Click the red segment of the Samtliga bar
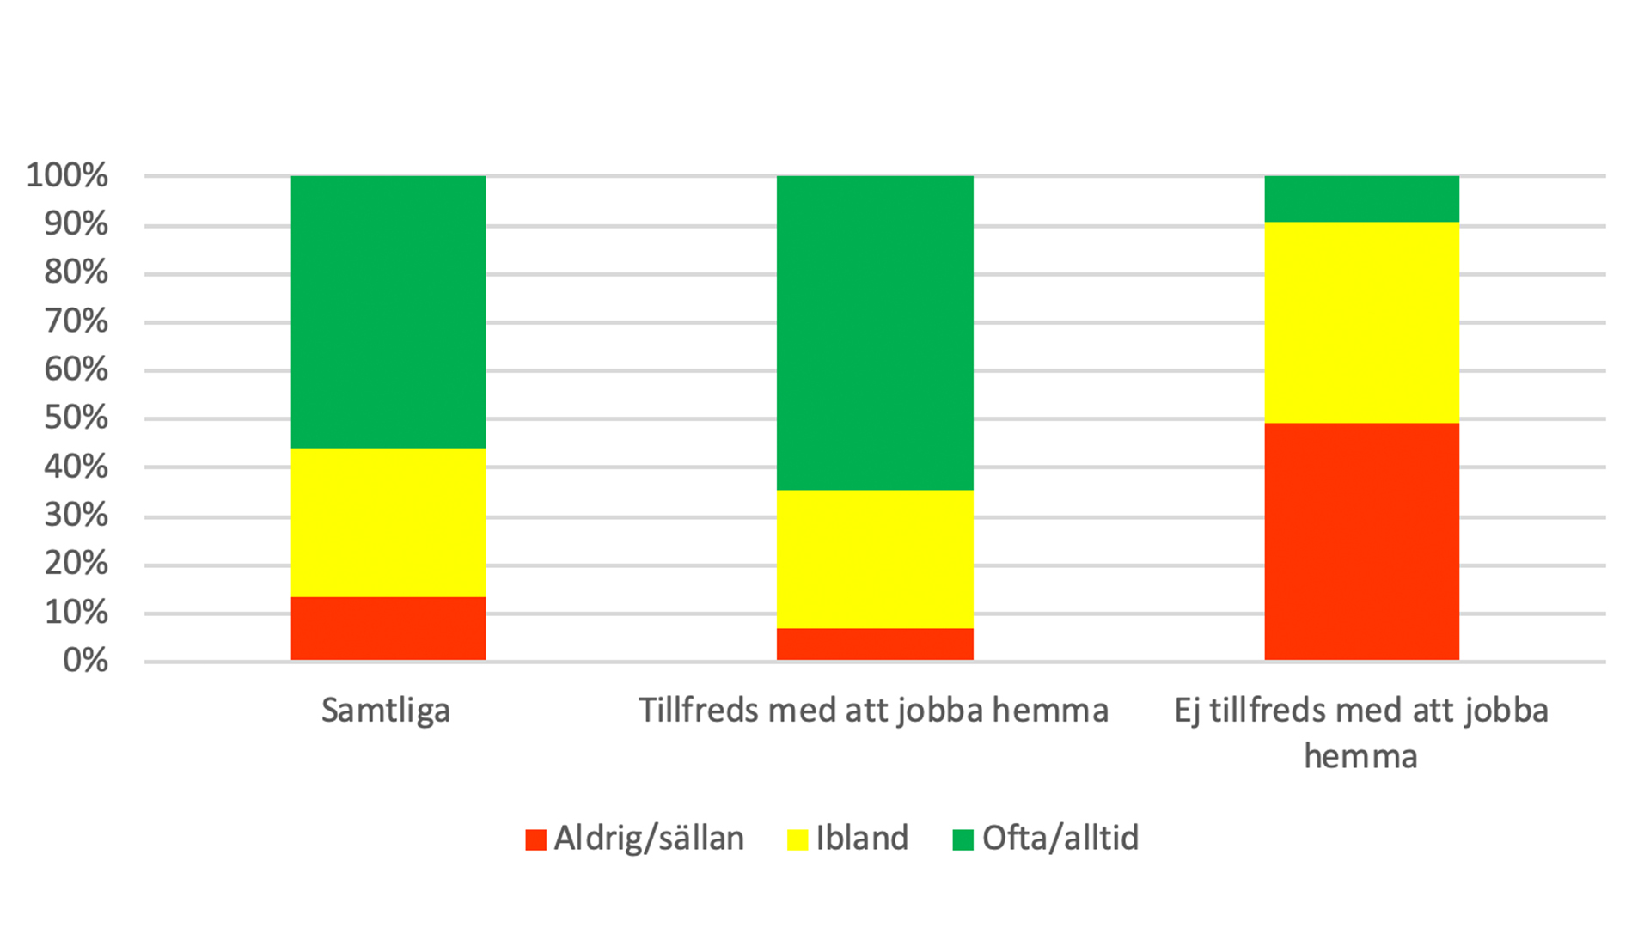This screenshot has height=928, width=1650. [x=388, y=628]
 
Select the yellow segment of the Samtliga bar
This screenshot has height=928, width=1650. [x=388, y=522]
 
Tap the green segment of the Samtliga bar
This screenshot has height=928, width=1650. [x=388, y=312]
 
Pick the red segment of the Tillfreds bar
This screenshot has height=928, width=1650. [x=875, y=644]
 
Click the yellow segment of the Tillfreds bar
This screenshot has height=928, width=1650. [x=875, y=559]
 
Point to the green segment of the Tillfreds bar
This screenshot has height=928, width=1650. [x=875, y=333]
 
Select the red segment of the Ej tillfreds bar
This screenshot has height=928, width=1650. [x=1361, y=541]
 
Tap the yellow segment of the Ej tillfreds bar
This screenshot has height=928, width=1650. [x=1361, y=322]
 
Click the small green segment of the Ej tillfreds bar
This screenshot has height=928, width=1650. [x=1361, y=199]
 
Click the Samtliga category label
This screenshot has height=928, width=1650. [x=386, y=711]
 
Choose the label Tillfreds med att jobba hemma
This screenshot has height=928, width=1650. [x=873, y=711]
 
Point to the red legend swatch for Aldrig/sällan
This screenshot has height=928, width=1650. [x=536, y=839]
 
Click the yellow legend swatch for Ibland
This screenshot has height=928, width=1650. [x=797, y=839]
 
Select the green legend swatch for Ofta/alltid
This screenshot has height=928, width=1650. [x=963, y=839]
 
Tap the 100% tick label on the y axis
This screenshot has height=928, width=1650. [x=67, y=175]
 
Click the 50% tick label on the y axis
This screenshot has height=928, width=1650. [x=76, y=418]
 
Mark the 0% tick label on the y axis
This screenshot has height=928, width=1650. [x=85, y=661]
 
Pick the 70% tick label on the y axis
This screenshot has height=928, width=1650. [x=76, y=321]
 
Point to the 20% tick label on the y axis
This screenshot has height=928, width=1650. [x=76, y=564]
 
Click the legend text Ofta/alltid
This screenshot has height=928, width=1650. [x=1060, y=838]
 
